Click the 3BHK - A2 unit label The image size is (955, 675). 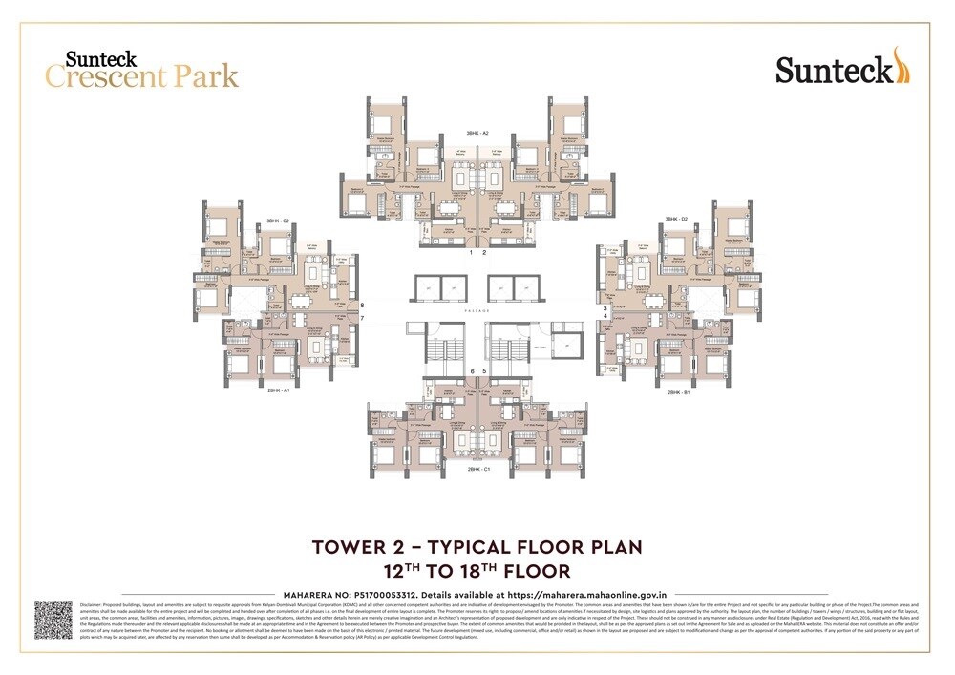(477, 133)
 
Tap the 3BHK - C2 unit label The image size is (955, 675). (278, 221)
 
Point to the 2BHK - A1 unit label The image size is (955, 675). (279, 390)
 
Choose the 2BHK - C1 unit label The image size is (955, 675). (478, 470)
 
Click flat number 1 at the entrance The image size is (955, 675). (471, 253)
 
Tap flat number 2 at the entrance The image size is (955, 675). (485, 253)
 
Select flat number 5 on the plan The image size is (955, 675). (485, 370)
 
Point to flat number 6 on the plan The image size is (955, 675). (472, 370)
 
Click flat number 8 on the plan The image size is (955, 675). (362, 306)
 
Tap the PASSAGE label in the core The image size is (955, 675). (477, 311)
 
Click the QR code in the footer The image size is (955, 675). (53, 620)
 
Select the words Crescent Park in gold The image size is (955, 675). (142, 76)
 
